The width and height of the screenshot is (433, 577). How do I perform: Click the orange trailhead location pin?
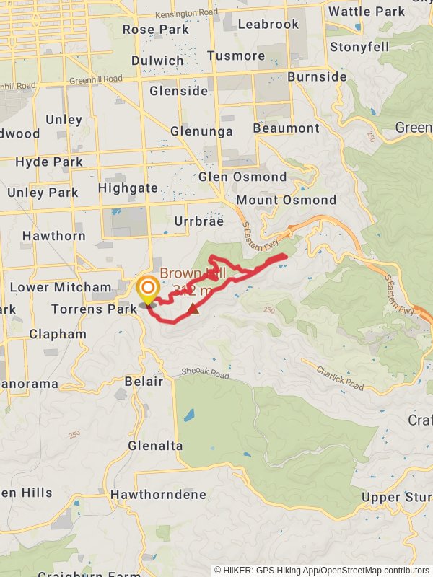148,290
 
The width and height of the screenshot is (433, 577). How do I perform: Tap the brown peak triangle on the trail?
193,310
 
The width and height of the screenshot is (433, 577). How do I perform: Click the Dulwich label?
157,61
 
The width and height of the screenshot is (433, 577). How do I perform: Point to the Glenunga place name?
201,131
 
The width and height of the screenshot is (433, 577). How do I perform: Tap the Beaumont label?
286,128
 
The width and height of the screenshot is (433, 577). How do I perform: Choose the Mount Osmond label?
286,200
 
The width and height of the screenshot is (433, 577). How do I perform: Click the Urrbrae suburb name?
199,221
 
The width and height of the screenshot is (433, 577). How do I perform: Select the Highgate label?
128,188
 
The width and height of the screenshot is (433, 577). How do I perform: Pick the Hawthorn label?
54,236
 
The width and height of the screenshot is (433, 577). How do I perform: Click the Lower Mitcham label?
61,287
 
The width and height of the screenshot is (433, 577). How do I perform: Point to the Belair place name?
144,381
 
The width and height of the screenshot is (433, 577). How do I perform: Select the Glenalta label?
156,446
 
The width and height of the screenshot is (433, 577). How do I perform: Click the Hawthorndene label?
158,495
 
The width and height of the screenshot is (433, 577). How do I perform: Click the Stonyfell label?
359,47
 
